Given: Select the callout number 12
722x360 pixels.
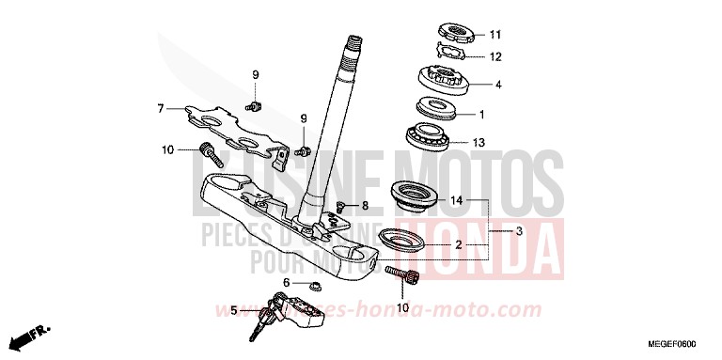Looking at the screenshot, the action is click(495, 56).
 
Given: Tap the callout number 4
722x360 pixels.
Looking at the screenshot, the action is click(498, 86).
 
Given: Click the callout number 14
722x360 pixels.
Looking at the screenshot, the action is click(456, 200).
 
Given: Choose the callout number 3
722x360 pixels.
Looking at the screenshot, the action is click(519, 229).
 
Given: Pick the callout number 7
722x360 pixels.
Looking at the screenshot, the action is click(161, 109).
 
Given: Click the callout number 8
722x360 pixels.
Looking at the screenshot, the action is click(366, 206).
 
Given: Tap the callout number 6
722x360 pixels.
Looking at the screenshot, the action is click(287, 281).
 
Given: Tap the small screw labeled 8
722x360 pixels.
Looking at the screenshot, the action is click(341, 206).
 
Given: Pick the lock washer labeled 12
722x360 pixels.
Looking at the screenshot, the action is click(453, 55).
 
